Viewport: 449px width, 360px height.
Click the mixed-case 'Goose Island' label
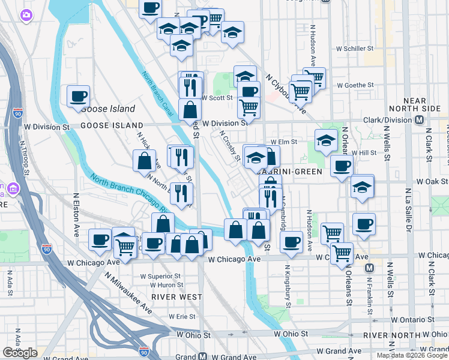pos(108,109)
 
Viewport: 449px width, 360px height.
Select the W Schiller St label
pos(355,47)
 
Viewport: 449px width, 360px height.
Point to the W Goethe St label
pos(355,85)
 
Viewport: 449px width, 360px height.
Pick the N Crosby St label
pos(230,146)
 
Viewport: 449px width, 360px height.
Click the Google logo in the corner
pos(20,353)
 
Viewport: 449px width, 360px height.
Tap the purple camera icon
pos(26,14)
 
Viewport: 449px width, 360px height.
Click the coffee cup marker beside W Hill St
pos(342,166)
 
